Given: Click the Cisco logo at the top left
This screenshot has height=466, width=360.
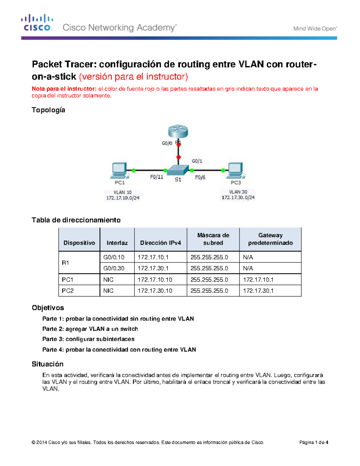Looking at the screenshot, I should coord(37,23).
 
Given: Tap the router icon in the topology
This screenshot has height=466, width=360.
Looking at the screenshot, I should coord(178,131).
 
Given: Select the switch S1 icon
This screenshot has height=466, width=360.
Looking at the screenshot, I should coord(178,170).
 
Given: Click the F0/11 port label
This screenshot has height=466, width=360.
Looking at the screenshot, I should coord(157,177).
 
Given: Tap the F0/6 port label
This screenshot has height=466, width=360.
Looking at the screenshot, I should coord(200,177).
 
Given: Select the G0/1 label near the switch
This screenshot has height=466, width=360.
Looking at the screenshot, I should coord(197,161).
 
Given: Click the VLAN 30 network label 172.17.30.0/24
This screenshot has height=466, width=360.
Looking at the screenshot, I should coord(238,197).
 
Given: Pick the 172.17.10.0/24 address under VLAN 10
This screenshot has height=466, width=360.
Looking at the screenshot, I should coord(123,198).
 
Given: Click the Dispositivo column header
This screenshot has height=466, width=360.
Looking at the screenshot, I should coord(79,243).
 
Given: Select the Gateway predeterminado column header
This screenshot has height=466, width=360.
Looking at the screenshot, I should coord(270,239).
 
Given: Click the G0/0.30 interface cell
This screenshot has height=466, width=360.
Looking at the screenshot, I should coord(114,268).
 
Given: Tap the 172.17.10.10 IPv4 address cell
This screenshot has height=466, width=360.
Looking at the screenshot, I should coord(155,280).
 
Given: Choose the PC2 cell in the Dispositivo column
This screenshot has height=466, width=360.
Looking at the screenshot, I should coord(68,291).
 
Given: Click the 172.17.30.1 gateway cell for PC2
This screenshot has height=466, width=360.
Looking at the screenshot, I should coord(258,291).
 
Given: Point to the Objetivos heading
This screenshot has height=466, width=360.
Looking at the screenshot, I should coord(48,308).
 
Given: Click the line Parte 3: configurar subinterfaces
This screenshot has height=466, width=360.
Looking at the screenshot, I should coord(88,339).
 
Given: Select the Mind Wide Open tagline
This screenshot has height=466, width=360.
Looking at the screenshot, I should coord(315,29).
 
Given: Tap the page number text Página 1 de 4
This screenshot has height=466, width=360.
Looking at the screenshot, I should coord(313,442).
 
